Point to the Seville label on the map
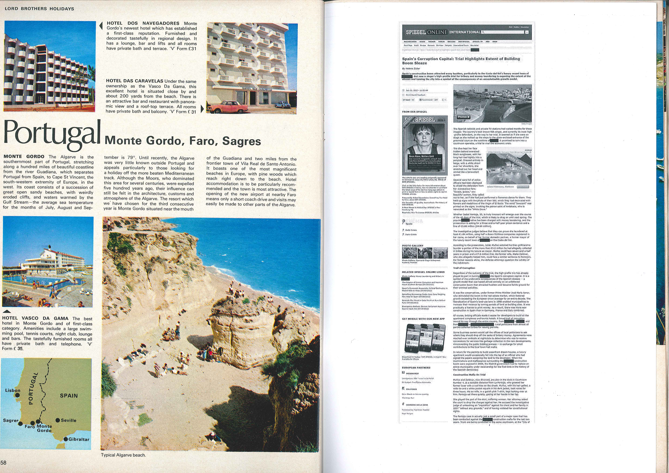69,420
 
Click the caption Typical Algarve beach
123,455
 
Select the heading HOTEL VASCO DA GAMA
35,318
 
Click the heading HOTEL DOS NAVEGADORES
143,23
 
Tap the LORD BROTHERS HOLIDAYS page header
39,9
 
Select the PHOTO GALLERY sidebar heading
413,246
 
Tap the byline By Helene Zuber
411,68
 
